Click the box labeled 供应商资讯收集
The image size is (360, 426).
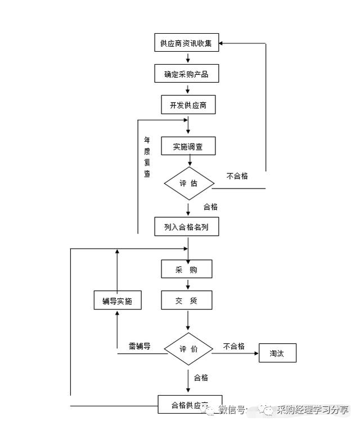[x=187, y=43]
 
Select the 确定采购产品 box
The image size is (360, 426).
[x=187, y=74]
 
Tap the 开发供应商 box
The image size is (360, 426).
[x=188, y=105]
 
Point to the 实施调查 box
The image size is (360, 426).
[x=188, y=146]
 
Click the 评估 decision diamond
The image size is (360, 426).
[x=189, y=183]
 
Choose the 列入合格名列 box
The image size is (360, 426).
[x=187, y=227]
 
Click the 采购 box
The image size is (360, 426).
[x=187, y=270]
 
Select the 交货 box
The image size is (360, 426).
[x=187, y=301]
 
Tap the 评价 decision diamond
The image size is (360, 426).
[x=188, y=349]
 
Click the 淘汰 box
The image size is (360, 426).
[x=277, y=353]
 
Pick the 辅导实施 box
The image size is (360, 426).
[x=117, y=301]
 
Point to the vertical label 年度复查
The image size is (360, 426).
[x=147, y=157]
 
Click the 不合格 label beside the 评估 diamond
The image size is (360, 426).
[x=237, y=176]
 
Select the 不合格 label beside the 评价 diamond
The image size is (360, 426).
[x=234, y=346]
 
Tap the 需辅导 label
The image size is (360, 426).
[x=139, y=346]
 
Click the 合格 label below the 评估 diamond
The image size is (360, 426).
[x=210, y=207]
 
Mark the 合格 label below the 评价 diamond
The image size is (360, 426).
[x=201, y=377]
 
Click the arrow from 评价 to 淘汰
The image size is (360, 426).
[x=235, y=353]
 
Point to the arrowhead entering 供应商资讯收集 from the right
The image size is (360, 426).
[x=222, y=43]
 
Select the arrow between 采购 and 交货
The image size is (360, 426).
[x=188, y=285]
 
